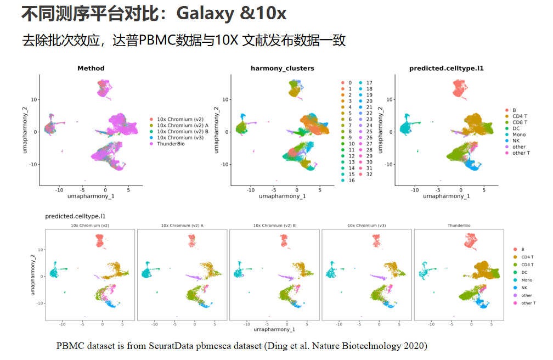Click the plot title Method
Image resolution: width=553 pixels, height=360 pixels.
coord(91,69)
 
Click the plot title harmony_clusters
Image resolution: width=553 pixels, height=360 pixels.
coord(283,69)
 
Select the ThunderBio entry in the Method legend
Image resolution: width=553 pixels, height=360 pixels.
coord(172,143)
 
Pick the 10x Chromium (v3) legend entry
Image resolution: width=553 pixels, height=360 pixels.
coord(179,137)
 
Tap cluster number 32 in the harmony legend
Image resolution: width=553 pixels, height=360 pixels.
coord(369,174)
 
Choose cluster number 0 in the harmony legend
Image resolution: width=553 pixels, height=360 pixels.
coord(349,83)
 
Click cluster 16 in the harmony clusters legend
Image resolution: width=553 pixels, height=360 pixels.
coord(351,180)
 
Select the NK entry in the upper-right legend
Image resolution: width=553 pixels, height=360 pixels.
coord(516,140)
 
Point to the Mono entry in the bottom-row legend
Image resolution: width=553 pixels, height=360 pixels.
coord(527,280)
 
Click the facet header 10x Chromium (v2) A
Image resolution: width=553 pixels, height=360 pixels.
coord(182,226)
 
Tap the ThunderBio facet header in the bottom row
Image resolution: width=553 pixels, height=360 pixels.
coord(459,226)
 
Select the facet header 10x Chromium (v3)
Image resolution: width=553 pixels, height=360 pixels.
coord(366,226)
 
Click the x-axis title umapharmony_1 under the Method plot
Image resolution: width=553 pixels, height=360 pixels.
coord(91,196)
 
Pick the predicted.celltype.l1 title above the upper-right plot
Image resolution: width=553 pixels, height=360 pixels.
coord(447,69)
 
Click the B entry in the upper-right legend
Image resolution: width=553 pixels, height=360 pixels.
coord(514,110)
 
